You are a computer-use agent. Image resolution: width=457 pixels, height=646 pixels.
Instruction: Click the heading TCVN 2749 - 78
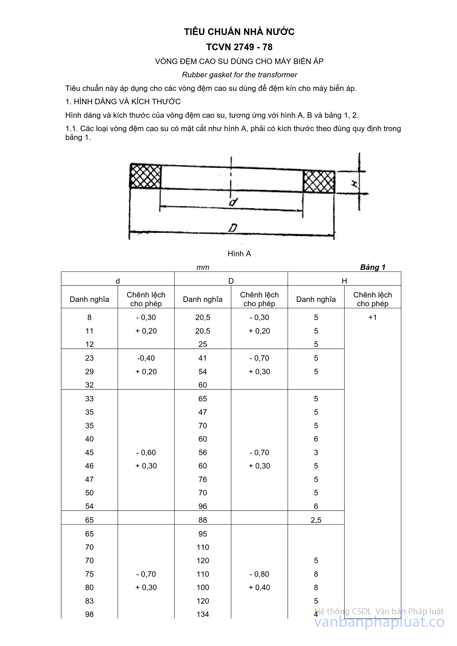(239, 47)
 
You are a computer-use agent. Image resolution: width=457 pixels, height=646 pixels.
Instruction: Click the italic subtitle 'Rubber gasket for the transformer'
(239, 75)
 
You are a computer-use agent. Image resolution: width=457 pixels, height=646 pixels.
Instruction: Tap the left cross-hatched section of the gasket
(145, 176)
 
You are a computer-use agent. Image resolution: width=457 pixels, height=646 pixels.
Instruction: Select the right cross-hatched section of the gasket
(319, 182)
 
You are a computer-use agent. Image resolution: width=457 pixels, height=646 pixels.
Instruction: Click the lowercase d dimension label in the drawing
(233, 202)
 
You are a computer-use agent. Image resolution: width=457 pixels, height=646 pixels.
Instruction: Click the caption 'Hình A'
(239, 254)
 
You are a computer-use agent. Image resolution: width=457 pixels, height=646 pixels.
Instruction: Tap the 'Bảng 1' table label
(373, 267)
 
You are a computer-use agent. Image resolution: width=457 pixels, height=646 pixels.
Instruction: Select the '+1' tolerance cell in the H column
(372, 317)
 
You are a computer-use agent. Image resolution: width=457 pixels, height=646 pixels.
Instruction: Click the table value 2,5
(316, 520)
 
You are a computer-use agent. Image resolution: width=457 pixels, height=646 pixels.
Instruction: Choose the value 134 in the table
(203, 615)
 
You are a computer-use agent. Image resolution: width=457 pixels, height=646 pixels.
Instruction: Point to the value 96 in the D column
(203, 506)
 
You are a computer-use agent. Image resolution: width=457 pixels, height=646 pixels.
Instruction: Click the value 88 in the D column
(203, 520)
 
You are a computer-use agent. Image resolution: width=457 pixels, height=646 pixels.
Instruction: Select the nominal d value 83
(89, 601)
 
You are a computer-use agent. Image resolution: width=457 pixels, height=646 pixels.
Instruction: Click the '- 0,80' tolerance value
(259, 574)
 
